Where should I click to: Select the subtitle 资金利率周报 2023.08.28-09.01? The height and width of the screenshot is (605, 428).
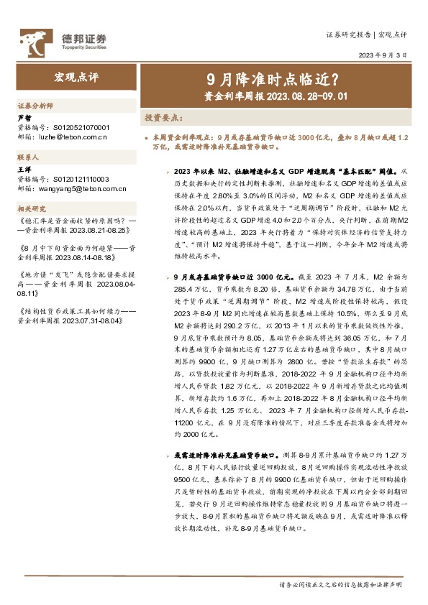(x=276, y=95)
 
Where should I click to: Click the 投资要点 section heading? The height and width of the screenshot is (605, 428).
(x=164, y=116)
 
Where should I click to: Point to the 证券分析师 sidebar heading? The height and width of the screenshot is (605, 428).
(x=35, y=105)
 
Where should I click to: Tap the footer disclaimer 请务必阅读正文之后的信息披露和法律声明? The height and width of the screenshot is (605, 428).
(x=341, y=585)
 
